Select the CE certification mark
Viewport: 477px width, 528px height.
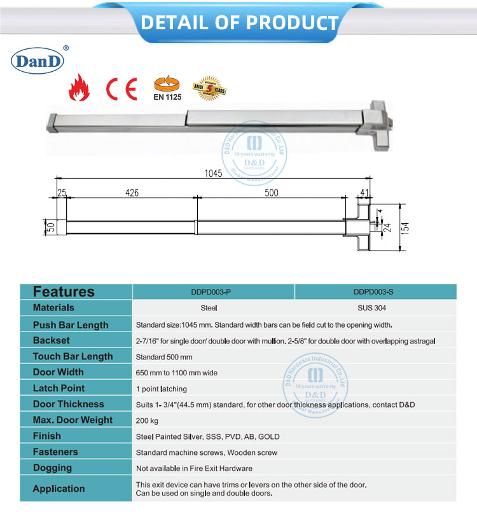pyautogui.click(x=121, y=88)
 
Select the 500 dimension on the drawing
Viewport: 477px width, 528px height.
pyautogui.click(x=272, y=193)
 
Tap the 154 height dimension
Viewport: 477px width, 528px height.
pyautogui.click(x=406, y=228)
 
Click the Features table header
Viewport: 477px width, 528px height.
pyautogui.click(x=64, y=292)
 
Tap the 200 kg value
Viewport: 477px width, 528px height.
pyautogui.click(x=146, y=420)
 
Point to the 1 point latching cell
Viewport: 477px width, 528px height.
pyautogui.click(x=162, y=388)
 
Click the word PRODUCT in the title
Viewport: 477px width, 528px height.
pyautogui.click(x=291, y=23)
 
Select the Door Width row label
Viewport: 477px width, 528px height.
pyautogui.click(x=58, y=372)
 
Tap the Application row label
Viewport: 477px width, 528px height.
pyautogui.click(x=59, y=489)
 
